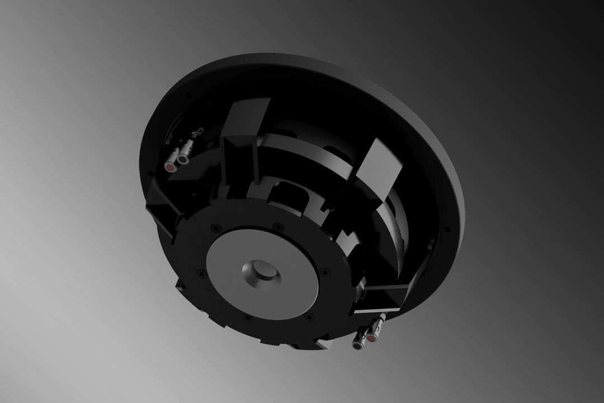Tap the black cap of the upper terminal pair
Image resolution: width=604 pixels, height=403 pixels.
[x=182, y=160]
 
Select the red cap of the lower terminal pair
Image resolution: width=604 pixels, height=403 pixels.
[x=370, y=338]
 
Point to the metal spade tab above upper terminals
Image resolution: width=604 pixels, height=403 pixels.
[x=194, y=135]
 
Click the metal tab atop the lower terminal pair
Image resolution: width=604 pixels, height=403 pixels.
[x=382, y=318]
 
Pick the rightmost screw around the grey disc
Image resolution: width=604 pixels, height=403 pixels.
[x=323, y=272]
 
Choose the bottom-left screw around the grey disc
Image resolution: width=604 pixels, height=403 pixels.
[x=247, y=318]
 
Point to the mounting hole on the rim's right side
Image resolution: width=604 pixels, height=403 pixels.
[x=447, y=229]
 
